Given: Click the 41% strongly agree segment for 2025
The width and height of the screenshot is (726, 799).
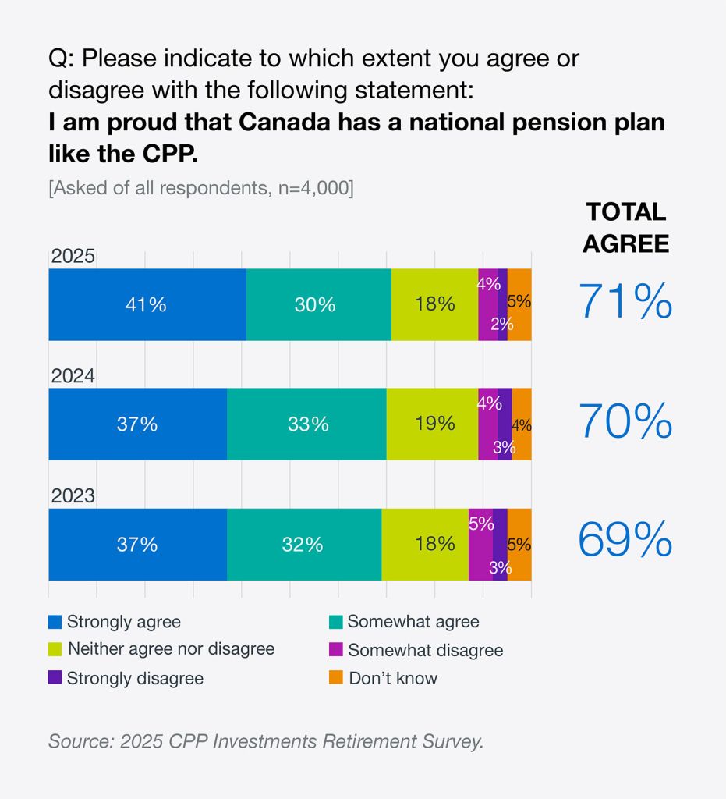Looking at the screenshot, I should point(147,304).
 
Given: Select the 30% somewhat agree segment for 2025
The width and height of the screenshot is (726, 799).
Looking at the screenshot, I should point(318,304).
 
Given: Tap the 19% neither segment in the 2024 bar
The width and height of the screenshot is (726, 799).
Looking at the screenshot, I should point(432,424).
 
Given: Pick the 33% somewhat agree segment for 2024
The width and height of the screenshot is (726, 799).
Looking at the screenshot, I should point(306,424).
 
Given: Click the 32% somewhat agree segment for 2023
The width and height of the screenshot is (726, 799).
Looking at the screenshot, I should point(303,544).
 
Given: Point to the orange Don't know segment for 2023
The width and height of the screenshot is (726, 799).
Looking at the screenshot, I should point(519,544).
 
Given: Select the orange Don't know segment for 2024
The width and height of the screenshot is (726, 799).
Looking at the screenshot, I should point(522,424).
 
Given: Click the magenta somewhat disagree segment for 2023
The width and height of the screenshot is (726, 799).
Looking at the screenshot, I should point(480,544).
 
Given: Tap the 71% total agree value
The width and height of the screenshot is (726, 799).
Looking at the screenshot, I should point(625,302).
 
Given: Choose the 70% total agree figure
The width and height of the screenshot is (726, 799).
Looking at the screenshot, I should point(625,422).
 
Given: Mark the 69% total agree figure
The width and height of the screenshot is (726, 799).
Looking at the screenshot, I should point(625,540).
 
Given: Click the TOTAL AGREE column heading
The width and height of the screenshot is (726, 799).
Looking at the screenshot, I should point(625,227).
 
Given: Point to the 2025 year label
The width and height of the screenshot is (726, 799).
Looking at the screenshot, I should point(73,257).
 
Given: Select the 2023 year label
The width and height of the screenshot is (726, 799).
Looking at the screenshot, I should point(73,496).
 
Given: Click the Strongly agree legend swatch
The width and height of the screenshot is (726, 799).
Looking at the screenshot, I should point(55,622).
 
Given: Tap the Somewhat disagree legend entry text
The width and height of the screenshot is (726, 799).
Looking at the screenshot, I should point(425,650).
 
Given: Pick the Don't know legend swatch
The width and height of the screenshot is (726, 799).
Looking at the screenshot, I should point(335,678).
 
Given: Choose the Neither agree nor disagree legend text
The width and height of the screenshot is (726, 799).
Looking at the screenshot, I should point(171,648).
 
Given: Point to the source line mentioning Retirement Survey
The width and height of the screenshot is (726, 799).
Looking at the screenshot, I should point(266,740).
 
